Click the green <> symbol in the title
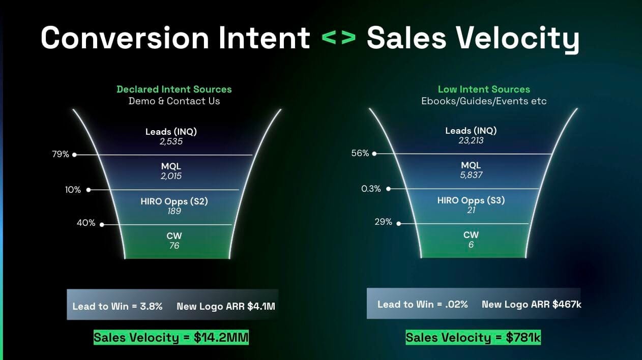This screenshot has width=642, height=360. pyautogui.click(x=339, y=38)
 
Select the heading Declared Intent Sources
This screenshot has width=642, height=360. pyautogui.click(x=174, y=89)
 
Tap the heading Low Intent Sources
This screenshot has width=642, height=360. pyautogui.click(x=484, y=89)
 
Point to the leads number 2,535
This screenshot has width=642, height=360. pyautogui.click(x=171, y=141)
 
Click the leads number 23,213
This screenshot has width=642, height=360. pyautogui.click(x=471, y=140)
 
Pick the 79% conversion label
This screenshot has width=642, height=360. pyautogui.click(x=61, y=155)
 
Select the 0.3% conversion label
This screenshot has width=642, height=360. pyautogui.click(x=371, y=189)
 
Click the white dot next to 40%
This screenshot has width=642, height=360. pyautogui.click(x=102, y=225)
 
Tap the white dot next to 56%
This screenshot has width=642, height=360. pyautogui.click(x=374, y=154)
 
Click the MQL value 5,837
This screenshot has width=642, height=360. pyautogui.click(x=471, y=175)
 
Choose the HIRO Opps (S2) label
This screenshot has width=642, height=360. pyautogui.click(x=174, y=201)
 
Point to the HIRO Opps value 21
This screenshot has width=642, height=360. pyautogui.click(x=471, y=210)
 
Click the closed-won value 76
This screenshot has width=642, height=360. pyautogui.click(x=174, y=246)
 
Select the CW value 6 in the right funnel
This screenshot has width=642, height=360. pyautogui.click(x=471, y=245)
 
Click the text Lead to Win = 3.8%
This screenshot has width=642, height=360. pyautogui.click(x=118, y=307)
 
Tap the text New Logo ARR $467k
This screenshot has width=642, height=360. pyautogui.click(x=532, y=305)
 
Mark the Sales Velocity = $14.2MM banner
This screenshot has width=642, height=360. pyautogui.click(x=171, y=338)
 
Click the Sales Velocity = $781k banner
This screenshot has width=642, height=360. pyautogui.click(x=473, y=338)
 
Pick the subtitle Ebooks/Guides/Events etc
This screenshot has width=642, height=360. pyautogui.click(x=484, y=101)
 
